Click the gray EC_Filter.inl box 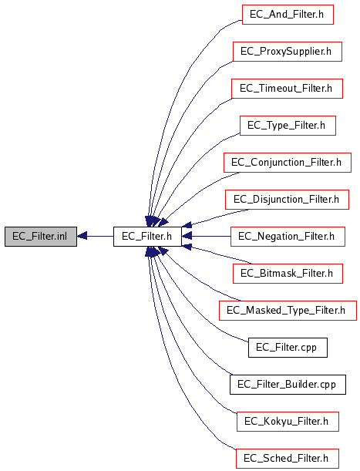coord(41,237)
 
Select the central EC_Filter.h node coord(147,237)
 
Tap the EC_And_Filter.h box coord(288,15)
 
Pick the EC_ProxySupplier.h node coord(288,52)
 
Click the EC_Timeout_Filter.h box coord(287,89)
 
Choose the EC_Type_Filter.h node coord(288,126)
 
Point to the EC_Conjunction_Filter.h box coord(288,163)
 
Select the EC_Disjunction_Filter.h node coord(287,200)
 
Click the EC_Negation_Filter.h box coord(288,237)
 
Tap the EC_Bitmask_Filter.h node coord(288,274)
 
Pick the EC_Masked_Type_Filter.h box coord(288,311)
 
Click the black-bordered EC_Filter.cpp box coord(288,348)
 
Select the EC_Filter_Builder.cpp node coord(288,385)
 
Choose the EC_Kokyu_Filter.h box coord(288,422)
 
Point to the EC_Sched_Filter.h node coord(288,459)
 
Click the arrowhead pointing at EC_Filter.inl coord(82,237)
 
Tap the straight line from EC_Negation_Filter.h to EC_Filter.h coord(206,237)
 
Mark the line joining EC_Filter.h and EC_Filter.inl coord(95,237)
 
